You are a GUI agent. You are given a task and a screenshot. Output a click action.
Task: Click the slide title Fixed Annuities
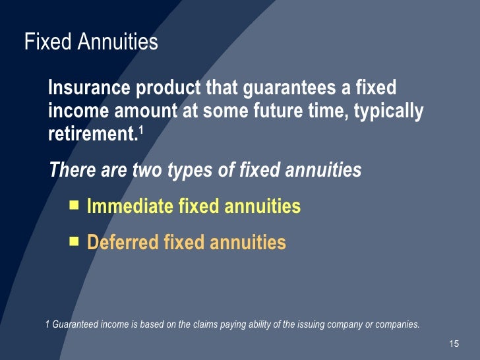[91, 42]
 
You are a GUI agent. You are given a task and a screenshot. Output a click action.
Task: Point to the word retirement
[92, 135]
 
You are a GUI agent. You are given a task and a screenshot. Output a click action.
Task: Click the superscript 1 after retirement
[140, 130]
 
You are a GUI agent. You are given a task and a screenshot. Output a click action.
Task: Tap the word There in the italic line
[71, 170]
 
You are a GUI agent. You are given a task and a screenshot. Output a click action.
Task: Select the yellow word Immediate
[130, 207]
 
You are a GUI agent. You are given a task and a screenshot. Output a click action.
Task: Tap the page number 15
[453, 344]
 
